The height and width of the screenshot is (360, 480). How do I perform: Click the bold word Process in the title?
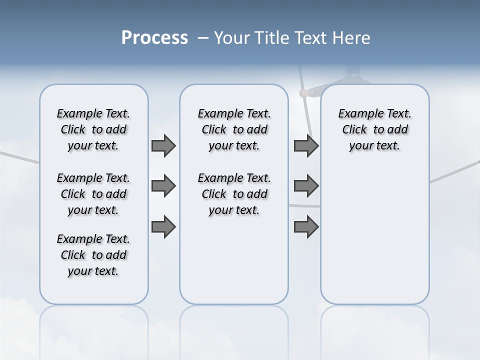154,38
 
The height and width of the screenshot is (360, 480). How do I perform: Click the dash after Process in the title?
203,38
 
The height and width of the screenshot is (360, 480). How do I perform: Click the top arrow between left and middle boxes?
163,145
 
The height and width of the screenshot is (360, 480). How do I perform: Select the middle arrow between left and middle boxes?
163,186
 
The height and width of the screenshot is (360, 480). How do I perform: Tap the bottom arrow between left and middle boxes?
163,226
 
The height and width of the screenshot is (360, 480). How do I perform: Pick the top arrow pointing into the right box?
306,145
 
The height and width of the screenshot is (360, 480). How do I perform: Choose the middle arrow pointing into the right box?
306,186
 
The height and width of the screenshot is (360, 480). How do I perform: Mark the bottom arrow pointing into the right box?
306,226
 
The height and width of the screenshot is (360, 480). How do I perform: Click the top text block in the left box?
93,129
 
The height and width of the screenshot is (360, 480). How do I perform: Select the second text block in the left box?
93,194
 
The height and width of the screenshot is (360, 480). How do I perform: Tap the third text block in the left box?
93,255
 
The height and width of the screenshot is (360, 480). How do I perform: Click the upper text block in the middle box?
234,129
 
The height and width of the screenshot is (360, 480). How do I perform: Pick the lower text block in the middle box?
234,194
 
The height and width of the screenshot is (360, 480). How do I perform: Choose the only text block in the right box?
374,129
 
